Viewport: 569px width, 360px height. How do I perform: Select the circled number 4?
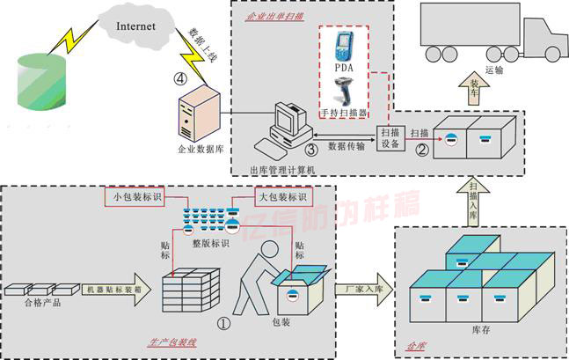pyautogui.click(x=180, y=78)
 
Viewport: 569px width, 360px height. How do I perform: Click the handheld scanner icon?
pyautogui.click(x=344, y=92)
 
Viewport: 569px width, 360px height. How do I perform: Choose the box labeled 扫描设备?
pyautogui.click(x=390, y=139)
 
